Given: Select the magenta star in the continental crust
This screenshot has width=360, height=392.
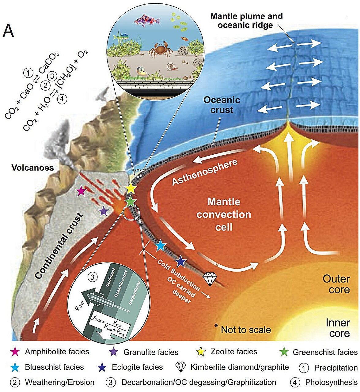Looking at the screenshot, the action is pos(81,191).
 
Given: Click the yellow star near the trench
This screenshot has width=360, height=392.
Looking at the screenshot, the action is pos(131,188).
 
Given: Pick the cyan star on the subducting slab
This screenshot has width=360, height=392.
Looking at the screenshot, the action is pos(160,246).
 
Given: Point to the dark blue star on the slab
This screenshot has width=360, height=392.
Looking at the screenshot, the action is pos(180,262).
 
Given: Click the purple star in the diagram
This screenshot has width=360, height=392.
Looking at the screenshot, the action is pos(104,211).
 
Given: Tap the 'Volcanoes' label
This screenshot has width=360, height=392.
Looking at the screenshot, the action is pos(33,168).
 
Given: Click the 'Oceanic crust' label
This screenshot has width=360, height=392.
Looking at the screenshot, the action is pos(222,105).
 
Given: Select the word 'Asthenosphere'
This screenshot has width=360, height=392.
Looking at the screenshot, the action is pos(205,172).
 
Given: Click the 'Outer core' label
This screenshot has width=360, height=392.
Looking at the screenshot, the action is pos(336,284).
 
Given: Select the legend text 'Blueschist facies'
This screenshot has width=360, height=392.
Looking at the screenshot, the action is pos(54,367).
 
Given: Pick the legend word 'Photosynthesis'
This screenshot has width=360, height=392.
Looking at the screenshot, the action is pos(332,382).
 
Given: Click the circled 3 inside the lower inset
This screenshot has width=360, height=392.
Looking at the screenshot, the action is pos(92,277).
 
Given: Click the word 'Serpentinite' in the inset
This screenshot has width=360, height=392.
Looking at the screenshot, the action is pos(134,293).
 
